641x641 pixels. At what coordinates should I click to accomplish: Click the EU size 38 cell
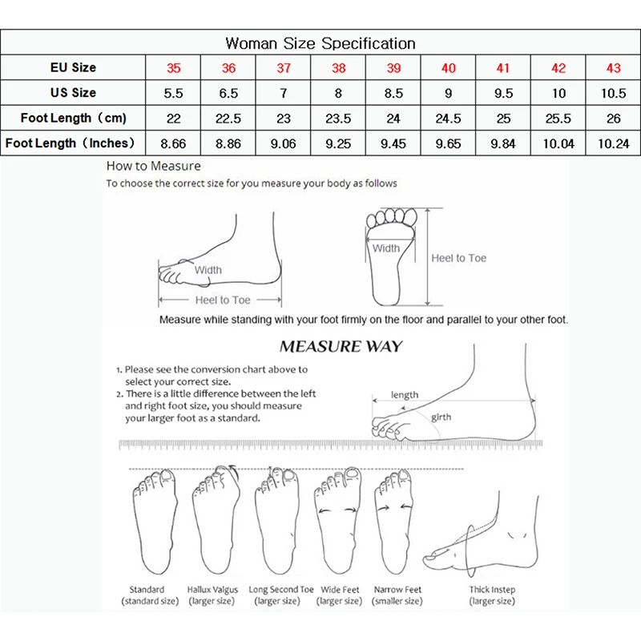(x=338, y=68)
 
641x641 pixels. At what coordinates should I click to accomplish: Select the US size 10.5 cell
(x=613, y=93)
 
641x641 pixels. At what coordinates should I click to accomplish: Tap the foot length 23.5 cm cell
(x=338, y=119)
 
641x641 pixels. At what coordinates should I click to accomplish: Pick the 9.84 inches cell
(x=503, y=143)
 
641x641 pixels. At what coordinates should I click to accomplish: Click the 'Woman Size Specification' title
(x=320, y=42)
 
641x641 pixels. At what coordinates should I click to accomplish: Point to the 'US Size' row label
(x=73, y=93)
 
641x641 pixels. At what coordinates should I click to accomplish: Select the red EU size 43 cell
(x=613, y=68)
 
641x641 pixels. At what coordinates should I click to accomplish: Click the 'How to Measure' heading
(x=154, y=167)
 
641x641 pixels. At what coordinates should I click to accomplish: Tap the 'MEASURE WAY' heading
(x=341, y=348)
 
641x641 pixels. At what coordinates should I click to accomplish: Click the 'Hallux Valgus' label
(x=212, y=590)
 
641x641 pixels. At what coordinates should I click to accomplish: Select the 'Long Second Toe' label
(x=281, y=590)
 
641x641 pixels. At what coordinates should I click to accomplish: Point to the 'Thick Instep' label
(x=492, y=590)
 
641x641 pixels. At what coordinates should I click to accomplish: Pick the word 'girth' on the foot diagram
(x=441, y=417)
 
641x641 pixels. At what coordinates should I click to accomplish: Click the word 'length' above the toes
(x=405, y=395)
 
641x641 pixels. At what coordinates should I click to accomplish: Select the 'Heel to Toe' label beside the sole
(x=458, y=258)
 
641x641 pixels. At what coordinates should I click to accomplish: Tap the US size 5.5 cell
(x=173, y=93)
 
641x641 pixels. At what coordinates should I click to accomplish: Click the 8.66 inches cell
(x=173, y=143)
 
